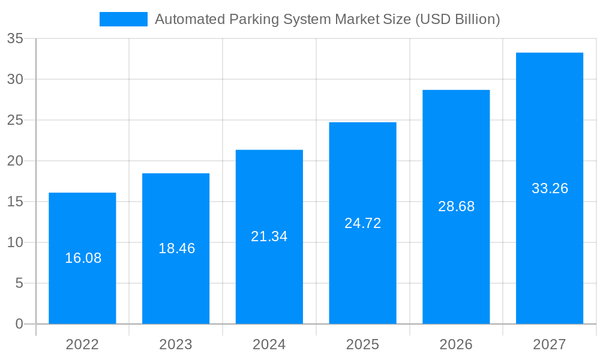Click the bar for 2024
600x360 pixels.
pos(269,276)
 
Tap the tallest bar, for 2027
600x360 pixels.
pos(550,252)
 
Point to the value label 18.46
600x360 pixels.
pos(176,248)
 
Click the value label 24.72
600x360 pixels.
pos(362,223)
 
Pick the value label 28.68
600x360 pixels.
pos(456,206)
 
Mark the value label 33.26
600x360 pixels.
pos(550,188)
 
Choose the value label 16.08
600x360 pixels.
pos(83,258)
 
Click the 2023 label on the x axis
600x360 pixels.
pos(176,344)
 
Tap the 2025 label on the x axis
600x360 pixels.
pos(362,344)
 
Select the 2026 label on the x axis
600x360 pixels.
pos(456,344)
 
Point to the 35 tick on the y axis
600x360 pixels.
pos(15,39)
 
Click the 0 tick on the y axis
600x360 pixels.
pos(19,324)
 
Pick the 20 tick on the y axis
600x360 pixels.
pos(15,161)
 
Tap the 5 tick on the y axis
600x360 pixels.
pos(19,283)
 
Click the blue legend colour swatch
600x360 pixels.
pos(123,19)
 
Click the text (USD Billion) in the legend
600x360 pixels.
pos(457,19)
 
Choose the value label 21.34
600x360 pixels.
pos(269,236)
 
